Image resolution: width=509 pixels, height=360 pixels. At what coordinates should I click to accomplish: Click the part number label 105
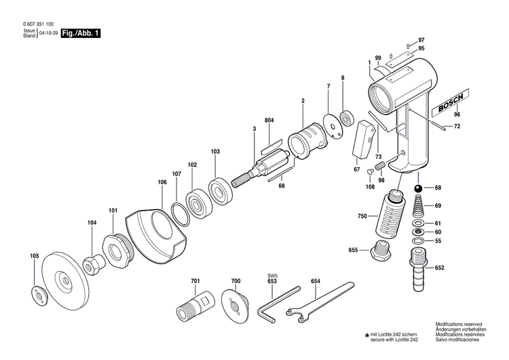(34, 256)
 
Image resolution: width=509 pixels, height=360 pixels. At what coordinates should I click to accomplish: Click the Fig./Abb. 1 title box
(81, 33)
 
